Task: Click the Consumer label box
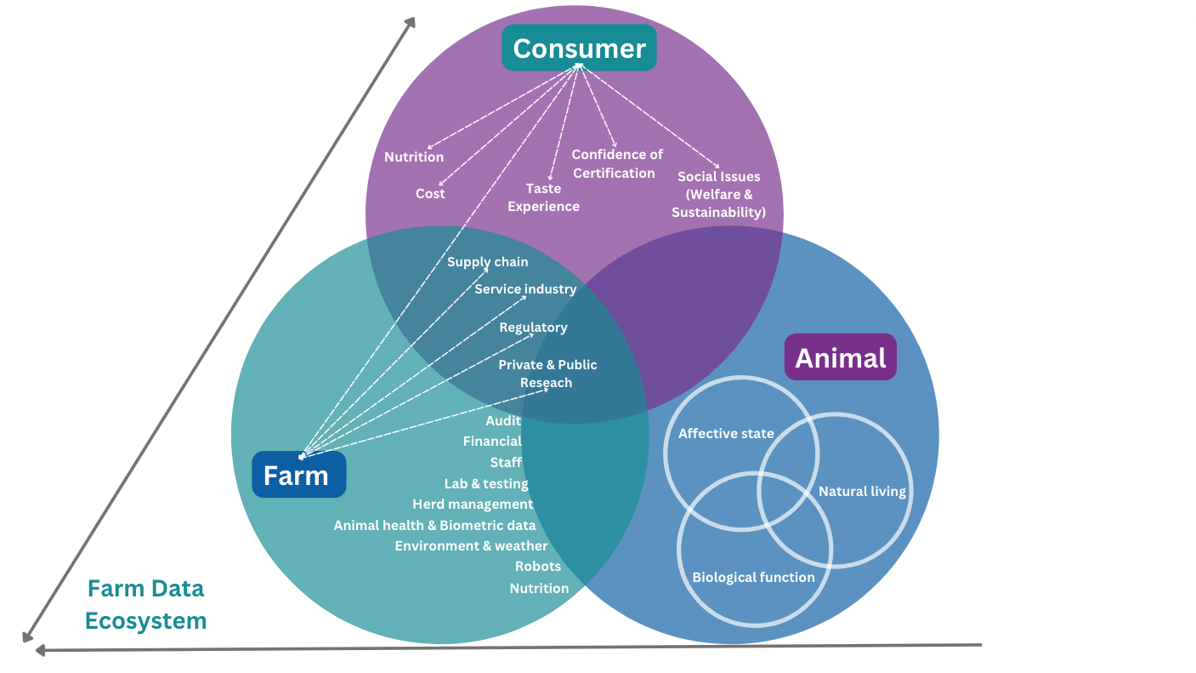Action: tap(579, 48)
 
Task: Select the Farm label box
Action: tap(298, 475)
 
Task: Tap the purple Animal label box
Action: tap(840, 357)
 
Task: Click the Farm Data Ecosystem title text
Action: tap(146, 604)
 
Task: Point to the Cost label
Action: tap(430, 194)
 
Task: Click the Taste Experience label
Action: tap(543, 197)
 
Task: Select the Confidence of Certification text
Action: tap(616, 163)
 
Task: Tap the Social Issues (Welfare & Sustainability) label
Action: tap(718, 195)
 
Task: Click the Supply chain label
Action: tap(488, 262)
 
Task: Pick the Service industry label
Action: tap(525, 289)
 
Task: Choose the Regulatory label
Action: tap(533, 328)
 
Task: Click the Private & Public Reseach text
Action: tap(547, 374)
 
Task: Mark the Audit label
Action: tap(503, 421)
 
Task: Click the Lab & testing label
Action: tap(486, 483)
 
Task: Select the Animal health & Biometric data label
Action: tap(434, 525)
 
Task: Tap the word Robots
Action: tap(538, 566)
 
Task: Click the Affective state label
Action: tap(726, 434)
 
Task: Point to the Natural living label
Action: tap(862, 491)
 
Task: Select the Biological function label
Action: tap(753, 577)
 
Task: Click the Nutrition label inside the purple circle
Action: tap(414, 157)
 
